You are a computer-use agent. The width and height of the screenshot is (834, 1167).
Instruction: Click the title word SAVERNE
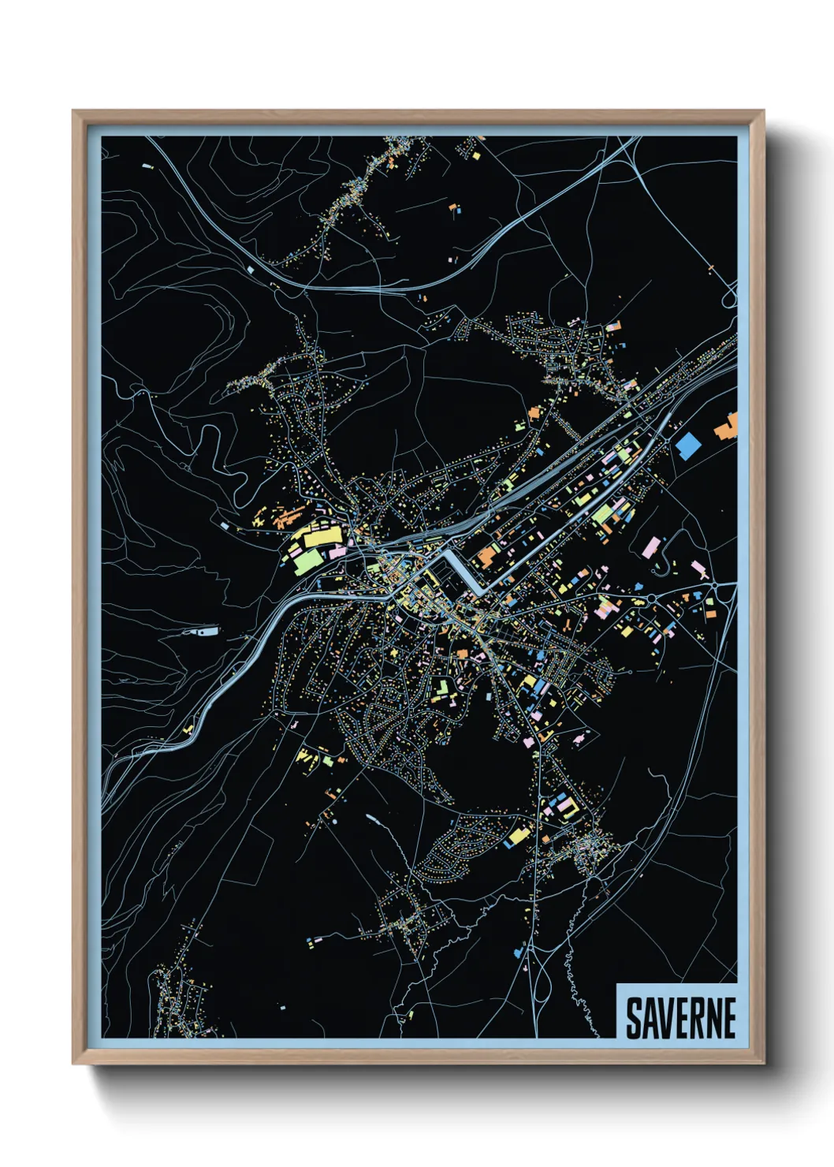pos(680,1017)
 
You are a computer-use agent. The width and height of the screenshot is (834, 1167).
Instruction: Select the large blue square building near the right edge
pos(687,446)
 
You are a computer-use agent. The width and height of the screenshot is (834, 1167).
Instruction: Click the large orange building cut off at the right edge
pos(727,427)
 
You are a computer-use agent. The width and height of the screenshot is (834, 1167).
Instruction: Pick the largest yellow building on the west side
pos(319,538)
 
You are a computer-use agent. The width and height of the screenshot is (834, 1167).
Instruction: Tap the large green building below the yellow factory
pos(307,561)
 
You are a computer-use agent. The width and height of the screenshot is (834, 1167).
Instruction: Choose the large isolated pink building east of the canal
pos(651,547)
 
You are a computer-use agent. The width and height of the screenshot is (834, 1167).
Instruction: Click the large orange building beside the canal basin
pos(486,556)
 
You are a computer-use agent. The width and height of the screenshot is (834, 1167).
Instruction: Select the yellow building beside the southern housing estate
pos(517,833)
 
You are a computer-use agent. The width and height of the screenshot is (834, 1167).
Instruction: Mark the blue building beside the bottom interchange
pos(519,952)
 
